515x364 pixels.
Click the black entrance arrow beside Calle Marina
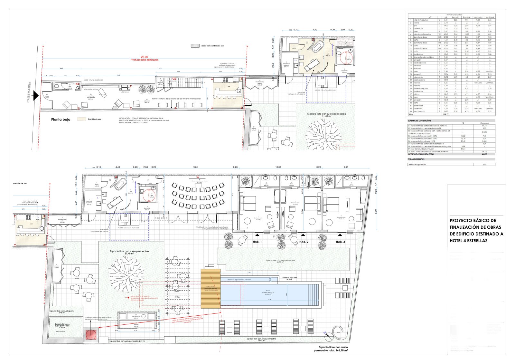click(x=36, y=96)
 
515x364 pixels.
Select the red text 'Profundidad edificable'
click(x=144, y=60)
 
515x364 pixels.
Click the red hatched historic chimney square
click(x=91, y=334)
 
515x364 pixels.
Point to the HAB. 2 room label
click(x=304, y=242)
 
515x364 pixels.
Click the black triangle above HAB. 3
click(x=340, y=235)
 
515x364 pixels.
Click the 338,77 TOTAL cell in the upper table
click(x=446, y=114)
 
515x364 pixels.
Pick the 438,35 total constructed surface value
click(x=484, y=154)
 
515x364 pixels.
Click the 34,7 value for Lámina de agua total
click(x=484, y=165)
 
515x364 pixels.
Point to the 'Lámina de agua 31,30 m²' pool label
click(x=268, y=293)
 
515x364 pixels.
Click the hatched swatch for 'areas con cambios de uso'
click(x=195, y=46)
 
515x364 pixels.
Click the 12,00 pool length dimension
click(x=269, y=300)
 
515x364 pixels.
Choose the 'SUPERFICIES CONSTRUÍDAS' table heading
click(x=419, y=120)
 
